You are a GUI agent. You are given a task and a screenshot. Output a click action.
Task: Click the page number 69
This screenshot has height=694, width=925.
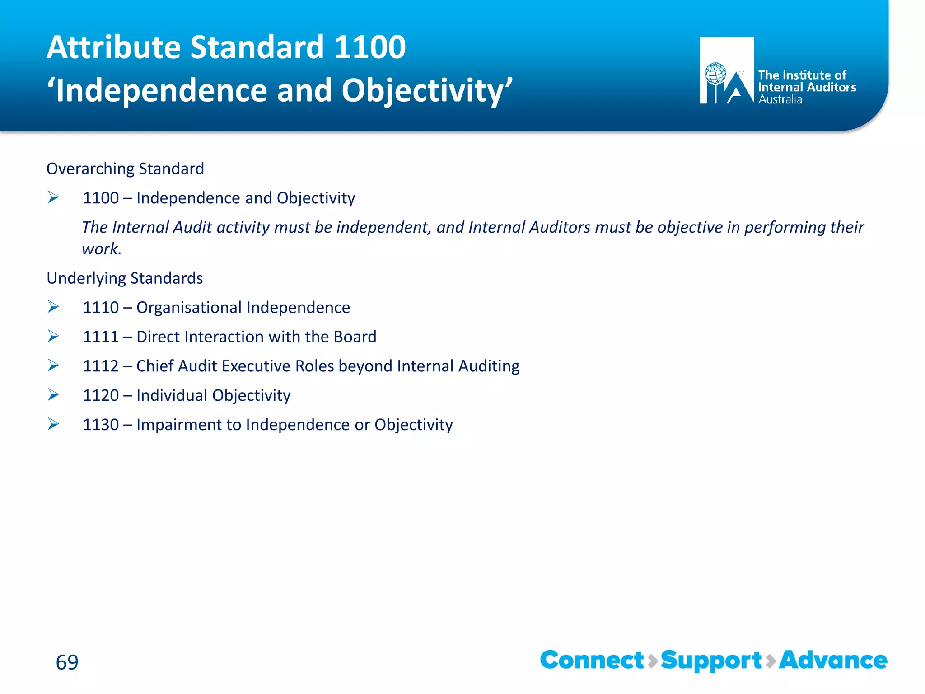(x=67, y=662)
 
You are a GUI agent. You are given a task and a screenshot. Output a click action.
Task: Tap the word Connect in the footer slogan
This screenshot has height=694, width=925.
(x=592, y=660)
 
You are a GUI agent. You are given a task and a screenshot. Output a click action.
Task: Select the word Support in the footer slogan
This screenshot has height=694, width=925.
(x=711, y=661)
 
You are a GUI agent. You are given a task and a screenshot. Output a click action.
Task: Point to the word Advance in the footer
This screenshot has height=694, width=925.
(x=833, y=660)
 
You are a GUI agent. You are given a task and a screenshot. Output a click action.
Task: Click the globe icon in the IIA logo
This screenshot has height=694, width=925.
(x=715, y=74)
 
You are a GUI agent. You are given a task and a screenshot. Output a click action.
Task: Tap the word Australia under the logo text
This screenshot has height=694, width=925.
(x=780, y=100)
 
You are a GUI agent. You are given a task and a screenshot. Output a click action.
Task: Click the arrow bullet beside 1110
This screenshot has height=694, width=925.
(x=53, y=307)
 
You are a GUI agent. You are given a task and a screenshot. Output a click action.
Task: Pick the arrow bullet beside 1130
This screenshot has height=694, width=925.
(x=53, y=424)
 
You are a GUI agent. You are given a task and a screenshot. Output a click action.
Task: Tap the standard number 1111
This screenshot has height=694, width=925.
(x=100, y=337)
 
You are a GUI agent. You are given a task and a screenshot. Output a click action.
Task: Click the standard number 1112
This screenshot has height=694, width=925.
(x=100, y=366)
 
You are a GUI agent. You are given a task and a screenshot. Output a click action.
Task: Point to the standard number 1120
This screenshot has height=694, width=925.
(x=100, y=395)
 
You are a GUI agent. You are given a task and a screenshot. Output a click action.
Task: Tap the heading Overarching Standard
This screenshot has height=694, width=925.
(x=125, y=169)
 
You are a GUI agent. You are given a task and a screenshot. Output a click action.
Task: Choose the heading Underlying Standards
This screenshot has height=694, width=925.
(x=125, y=278)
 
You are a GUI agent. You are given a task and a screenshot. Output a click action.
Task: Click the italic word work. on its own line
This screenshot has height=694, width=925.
(x=102, y=249)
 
